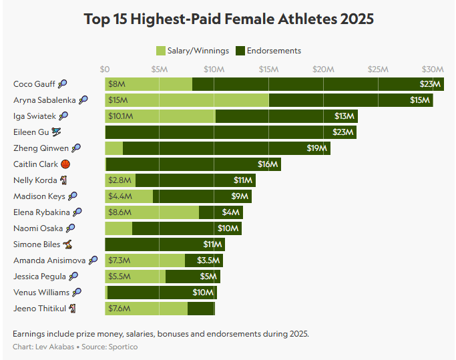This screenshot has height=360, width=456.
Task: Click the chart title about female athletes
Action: point(228,19)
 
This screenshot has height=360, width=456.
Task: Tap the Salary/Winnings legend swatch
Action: point(160,51)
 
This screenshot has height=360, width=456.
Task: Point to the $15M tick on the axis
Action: point(268,69)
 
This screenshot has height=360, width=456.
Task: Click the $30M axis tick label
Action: point(432,69)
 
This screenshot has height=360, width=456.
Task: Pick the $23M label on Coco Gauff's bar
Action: point(430,84)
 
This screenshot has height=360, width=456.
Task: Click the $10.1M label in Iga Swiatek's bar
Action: point(120,116)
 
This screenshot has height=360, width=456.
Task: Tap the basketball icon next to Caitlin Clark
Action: point(65,164)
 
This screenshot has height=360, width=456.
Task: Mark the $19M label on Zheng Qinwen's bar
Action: point(316,148)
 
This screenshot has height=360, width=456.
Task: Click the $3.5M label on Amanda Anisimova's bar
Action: point(208,260)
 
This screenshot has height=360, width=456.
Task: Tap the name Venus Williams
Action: point(41,292)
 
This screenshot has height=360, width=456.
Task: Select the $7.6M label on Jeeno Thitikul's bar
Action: point(118,308)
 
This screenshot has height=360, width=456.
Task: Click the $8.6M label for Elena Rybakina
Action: point(119,212)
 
